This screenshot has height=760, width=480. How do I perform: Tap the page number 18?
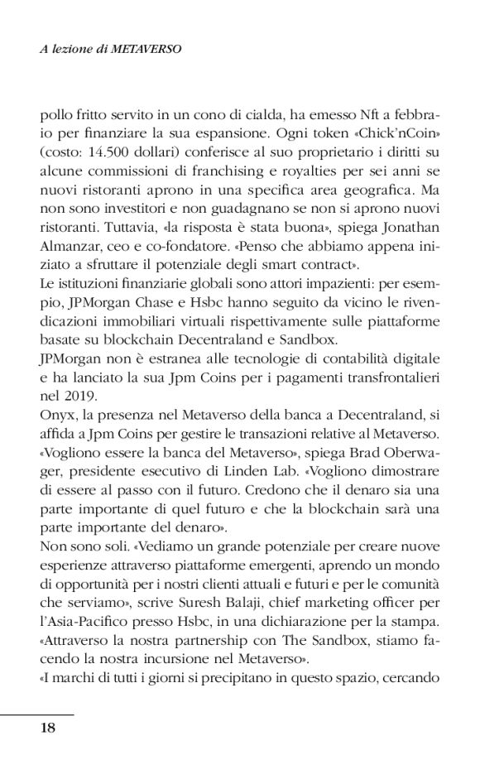(x=48, y=728)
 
